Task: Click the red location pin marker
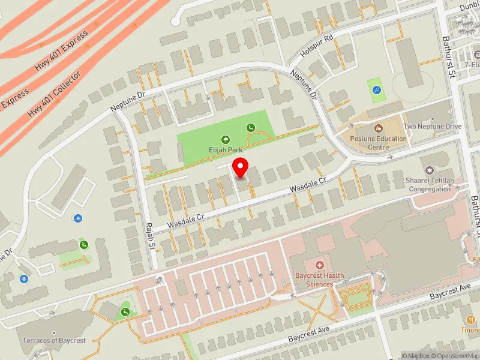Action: pos(241,168)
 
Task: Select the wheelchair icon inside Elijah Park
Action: pos(251,127)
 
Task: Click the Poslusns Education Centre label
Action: pos(379,143)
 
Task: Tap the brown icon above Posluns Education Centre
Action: pos(379,128)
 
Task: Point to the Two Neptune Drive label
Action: pos(432,127)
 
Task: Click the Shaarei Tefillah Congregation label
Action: pos(430,185)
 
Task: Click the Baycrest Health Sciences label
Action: pos(319,280)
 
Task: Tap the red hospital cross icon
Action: pos(319,265)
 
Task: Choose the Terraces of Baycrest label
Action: pos(54,340)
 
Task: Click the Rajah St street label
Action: pos(150,236)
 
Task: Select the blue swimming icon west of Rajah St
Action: pos(80,218)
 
